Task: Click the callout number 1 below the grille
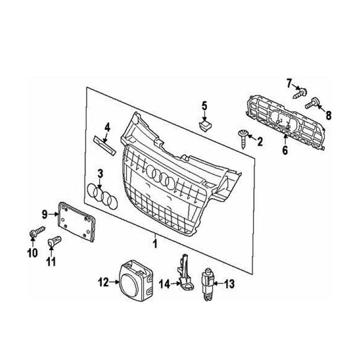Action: (155, 244)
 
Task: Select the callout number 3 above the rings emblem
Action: (100, 173)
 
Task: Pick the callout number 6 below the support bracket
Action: (284, 150)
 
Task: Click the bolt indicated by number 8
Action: (313, 105)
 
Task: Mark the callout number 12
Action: (104, 283)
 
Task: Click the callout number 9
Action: (45, 214)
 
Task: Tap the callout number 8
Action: (328, 115)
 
